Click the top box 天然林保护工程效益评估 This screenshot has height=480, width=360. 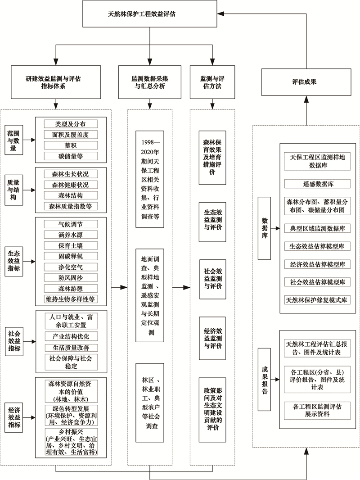150,14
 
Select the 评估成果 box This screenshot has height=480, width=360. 306,82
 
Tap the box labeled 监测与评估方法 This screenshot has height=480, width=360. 212,82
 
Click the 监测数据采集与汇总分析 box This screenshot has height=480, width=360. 150,82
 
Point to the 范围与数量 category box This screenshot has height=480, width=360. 14,140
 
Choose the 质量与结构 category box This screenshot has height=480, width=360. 14,190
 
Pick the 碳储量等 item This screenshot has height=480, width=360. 71,156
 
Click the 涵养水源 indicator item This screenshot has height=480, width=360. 71,235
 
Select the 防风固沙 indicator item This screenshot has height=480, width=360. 71,278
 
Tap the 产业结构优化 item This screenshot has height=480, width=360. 71,336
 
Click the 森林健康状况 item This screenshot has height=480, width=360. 71,185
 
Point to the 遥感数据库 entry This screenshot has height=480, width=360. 318,184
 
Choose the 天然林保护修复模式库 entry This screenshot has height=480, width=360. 318,300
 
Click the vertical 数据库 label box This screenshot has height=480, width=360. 264,228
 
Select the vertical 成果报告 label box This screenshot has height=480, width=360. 264,379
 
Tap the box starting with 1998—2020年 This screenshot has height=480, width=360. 150,179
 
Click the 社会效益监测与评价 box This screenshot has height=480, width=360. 213,279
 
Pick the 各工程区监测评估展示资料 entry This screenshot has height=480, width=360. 318,411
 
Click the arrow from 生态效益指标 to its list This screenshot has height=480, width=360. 29,262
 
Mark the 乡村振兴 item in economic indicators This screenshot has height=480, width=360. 71,442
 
